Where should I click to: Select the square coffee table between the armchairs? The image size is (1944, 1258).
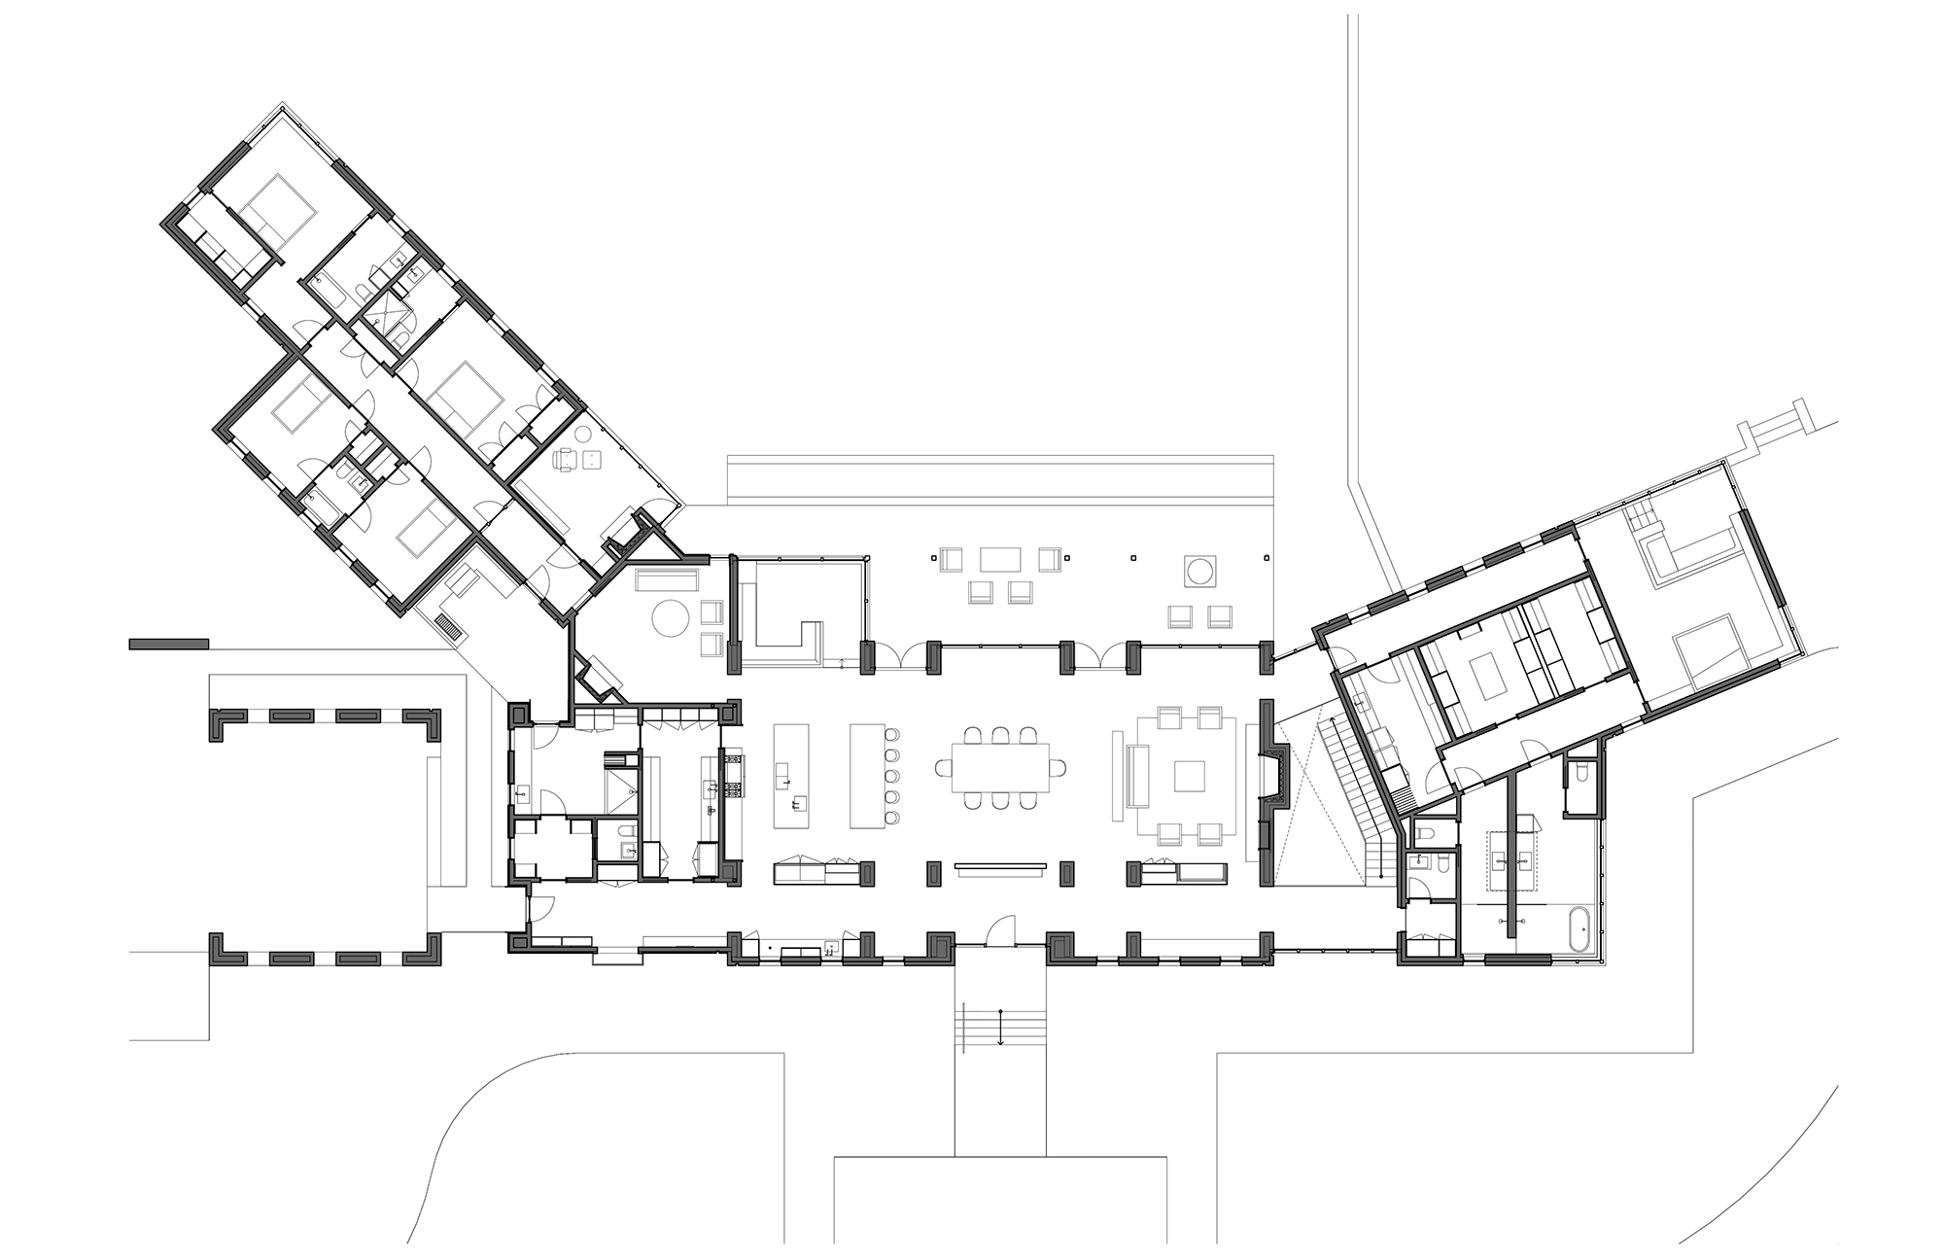1189,776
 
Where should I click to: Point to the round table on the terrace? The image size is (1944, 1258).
1198,570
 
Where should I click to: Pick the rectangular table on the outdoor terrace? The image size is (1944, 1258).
1000,559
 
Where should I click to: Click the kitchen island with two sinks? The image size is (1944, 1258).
790,775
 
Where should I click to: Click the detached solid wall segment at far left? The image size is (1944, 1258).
169,643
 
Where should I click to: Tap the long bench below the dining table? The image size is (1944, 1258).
1000,867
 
